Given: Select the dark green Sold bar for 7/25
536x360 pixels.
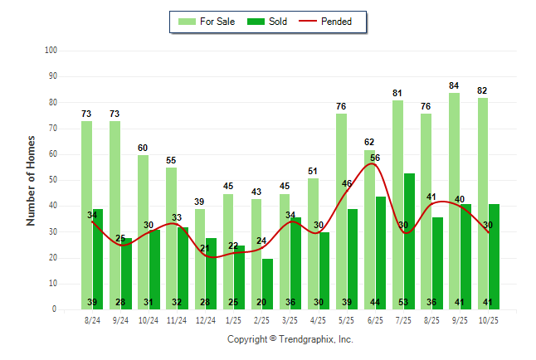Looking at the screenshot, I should tap(409, 241).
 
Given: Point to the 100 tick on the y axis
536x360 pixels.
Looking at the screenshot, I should tap(50, 51).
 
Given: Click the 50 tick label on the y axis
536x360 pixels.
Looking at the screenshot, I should tap(52, 180).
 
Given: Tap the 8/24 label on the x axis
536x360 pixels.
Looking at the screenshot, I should tap(93, 319).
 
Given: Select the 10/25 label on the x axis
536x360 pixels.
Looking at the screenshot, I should tap(489, 319).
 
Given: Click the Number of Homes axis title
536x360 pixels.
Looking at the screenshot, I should tap(32, 180).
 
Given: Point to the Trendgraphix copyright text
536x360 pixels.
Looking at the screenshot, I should tap(290, 339).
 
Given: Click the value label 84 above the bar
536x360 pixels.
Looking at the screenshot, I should tap(455, 85).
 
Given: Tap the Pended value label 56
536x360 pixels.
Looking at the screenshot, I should tap(375, 158).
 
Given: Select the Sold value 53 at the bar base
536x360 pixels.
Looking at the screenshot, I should tap(409, 302).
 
